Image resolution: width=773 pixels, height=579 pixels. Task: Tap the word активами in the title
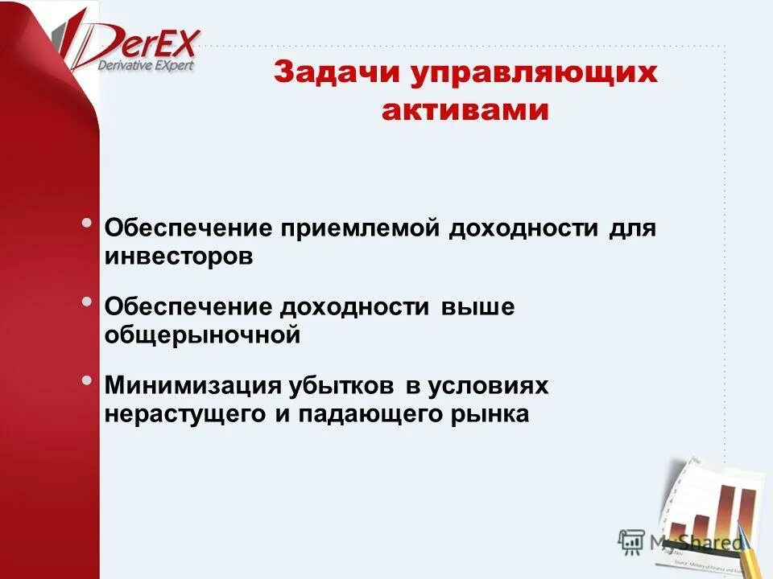(x=465, y=110)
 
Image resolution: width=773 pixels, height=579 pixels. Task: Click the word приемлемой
(x=362, y=228)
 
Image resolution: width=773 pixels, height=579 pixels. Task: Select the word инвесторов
(x=179, y=257)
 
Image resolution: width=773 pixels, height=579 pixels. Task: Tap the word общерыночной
(x=202, y=335)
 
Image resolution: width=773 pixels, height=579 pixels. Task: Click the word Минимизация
(x=193, y=385)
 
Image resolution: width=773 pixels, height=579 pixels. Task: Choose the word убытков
(x=342, y=385)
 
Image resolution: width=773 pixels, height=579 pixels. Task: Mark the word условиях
(x=489, y=385)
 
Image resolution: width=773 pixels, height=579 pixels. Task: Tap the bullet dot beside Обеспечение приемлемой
(x=87, y=222)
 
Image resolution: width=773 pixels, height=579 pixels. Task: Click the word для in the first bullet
(x=634, y=228)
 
